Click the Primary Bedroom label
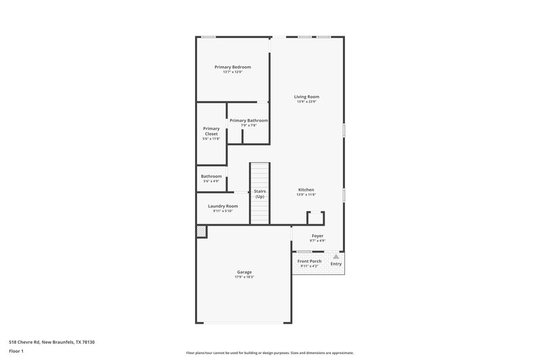click(233, 67)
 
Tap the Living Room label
click(306, 97)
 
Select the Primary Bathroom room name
click(248, 120)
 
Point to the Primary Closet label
click(211, 131)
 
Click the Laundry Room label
click(222, 206)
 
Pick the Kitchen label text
click(306, 190)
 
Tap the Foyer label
click(317, 236)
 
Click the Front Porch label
click(310, 261)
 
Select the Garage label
click(244, 272)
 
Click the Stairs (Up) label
click(260, 193)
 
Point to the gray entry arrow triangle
click(335, 257)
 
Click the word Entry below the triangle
click(335, 264)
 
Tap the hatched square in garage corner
click(201, 231)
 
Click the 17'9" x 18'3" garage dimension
click(244, 277)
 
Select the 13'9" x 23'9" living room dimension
click(306, 101)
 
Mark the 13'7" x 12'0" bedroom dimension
click(233, 72)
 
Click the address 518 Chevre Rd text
click(52, 342)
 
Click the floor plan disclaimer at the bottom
click(270, 353)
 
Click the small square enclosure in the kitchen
click(316, 217)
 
